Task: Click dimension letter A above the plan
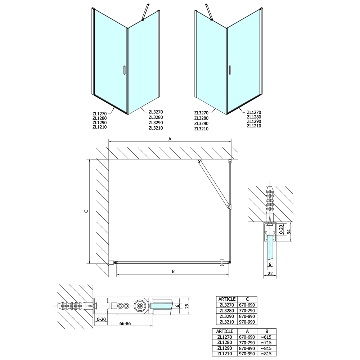point(170,139)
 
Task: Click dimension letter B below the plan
point(174,271)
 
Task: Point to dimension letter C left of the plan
point(86,211)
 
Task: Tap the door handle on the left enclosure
point(124,70)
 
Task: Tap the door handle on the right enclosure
point(230,70)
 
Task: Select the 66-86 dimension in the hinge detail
point(125,324)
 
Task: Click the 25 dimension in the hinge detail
point(187,306)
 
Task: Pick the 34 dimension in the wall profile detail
point(289,232)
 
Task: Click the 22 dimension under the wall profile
point(270,274)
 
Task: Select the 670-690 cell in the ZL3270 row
point(247,305)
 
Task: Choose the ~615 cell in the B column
point(266,337)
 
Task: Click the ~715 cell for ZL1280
point(266,343)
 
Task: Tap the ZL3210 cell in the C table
point(227,322)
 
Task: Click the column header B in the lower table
point(266,331)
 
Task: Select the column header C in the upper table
point(247,299)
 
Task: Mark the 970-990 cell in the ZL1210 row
point(247,354)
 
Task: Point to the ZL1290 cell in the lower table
point(225,348)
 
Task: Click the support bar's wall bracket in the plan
point(199,161)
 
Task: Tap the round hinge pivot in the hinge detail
point(140,306)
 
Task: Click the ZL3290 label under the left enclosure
point(156,123)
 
